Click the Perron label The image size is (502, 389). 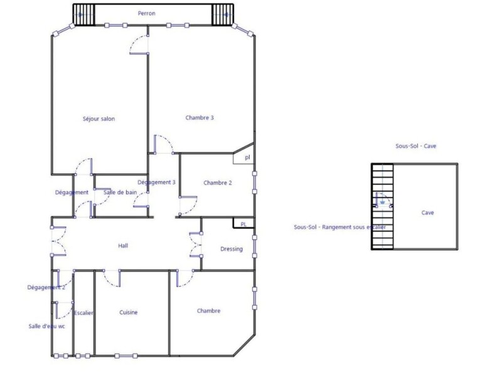[147, 13]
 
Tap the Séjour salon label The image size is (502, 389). [99, 119]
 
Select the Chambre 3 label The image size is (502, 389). [200, 118]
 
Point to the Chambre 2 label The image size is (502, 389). [218, 183]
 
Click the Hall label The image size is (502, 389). [123, 245]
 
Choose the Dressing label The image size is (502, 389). [232, 248]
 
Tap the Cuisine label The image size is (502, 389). [129, 312]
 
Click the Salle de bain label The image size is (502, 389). [120, 193]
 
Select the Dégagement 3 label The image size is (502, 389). [156, 183]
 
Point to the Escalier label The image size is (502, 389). [83, 313]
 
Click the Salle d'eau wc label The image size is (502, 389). [46, 326]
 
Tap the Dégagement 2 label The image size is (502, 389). [46, 287]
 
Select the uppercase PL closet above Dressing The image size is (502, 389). [243, 224]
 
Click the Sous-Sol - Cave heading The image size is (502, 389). [415, 146]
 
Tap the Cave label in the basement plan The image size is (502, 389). [428, 213]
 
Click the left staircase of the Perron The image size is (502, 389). [84, 14]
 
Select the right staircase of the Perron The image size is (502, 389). [223, 14]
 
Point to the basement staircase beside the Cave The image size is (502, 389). [382, 206]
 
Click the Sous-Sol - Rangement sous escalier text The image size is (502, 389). [339, 227]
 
